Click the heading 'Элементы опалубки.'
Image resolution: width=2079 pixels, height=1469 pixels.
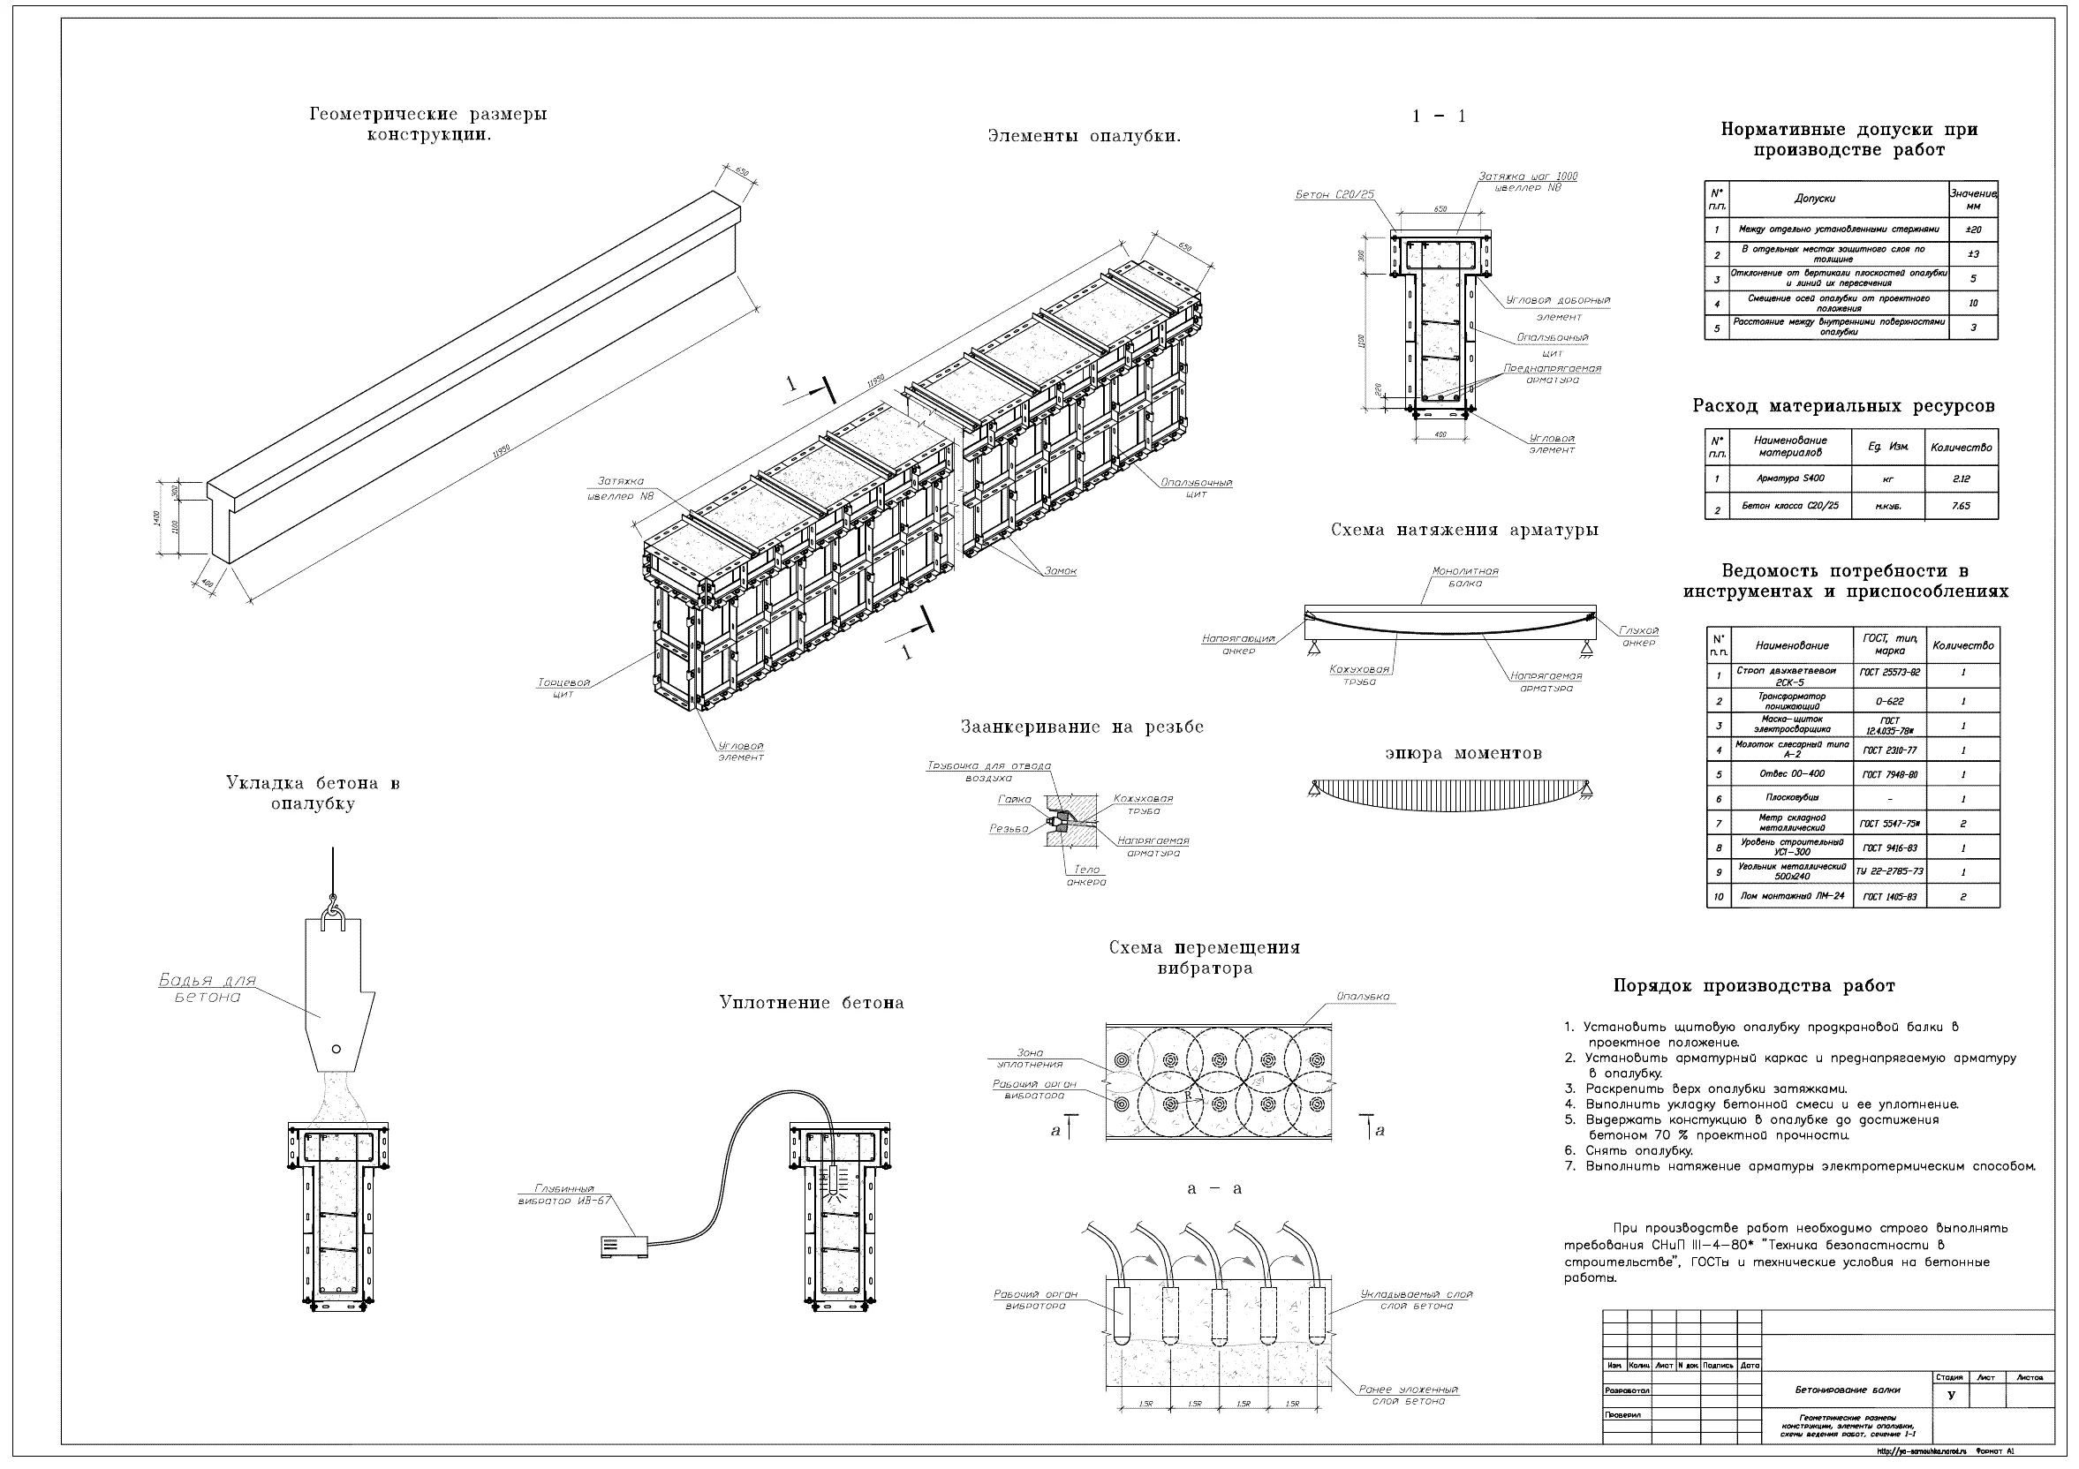point(1084,137)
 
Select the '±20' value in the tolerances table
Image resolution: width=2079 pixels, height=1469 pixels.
point(1973,230)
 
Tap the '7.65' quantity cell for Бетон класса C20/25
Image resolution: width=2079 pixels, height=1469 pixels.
point(1961,506)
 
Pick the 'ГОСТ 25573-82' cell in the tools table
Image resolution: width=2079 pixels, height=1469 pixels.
point(1890,673)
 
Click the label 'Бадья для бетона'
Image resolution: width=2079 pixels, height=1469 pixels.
point(208,989)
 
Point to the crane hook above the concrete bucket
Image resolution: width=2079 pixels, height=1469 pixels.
point(333,904)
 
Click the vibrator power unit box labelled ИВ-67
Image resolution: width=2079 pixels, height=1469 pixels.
point(624,1247)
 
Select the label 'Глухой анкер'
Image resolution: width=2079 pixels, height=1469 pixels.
point(1639,637)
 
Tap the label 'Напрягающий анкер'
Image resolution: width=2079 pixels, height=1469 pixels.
point(1238,644)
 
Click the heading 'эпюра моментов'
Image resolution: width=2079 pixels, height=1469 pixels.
point(1463,754)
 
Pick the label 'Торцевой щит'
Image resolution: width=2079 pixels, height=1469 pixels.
point(563,688)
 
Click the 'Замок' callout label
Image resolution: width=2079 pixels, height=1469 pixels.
point(1061,571)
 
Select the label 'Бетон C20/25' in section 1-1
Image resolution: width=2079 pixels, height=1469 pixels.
point(1334,194)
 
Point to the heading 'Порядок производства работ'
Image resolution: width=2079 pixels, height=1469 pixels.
point(1754,986)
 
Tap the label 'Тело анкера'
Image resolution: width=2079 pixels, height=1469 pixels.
point(1085,875)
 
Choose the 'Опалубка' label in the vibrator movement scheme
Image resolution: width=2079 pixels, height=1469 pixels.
point(1363,997)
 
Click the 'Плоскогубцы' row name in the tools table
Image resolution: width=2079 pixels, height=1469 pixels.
point(1791,797)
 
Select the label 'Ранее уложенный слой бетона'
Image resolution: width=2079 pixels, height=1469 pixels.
point(1408,1395)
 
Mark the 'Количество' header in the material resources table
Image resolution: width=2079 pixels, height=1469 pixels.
point(1962,447)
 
